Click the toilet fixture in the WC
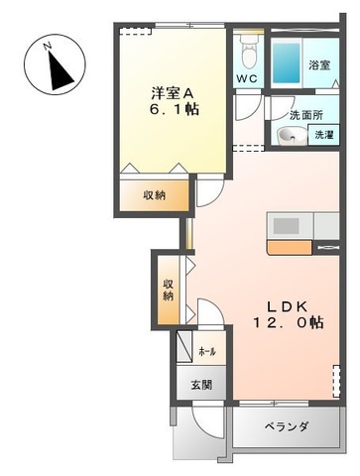click(x=248, y=51)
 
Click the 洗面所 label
click(x=306, y=115)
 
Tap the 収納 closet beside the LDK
click(x=169, y=290)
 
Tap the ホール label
click(x=206, y=352)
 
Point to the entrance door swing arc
click(x=203, y=428)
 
